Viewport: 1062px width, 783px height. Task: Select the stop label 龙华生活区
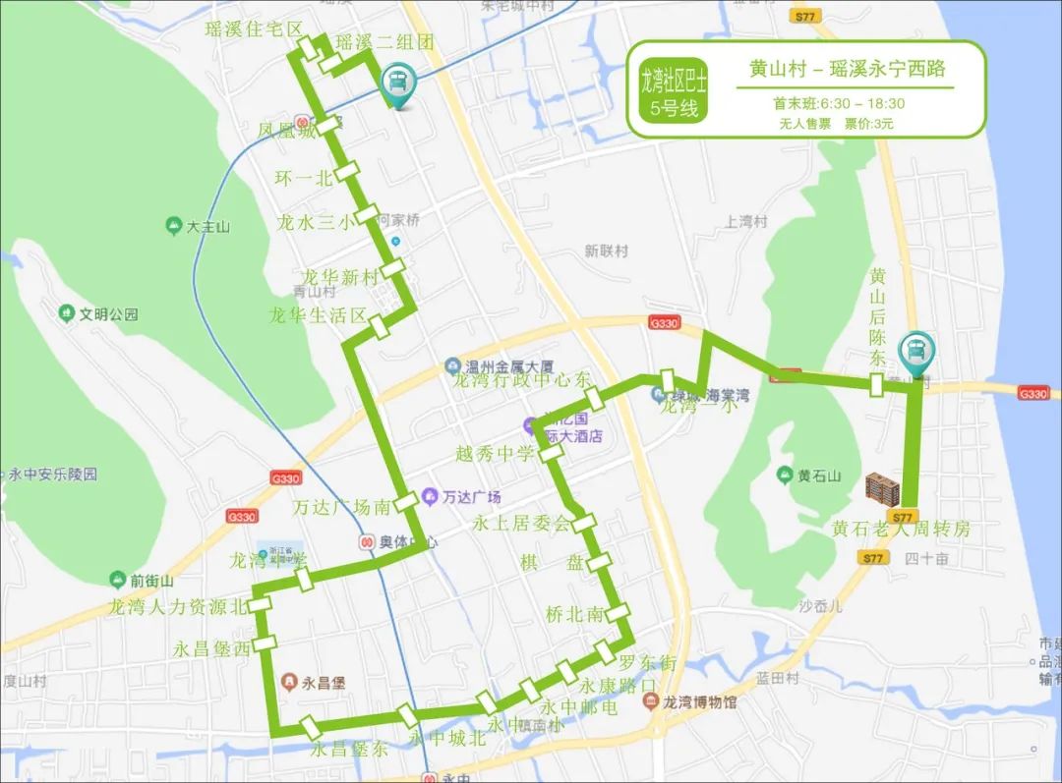(x=318, y=316)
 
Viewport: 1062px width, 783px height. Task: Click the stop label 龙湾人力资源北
(x=179, y=607)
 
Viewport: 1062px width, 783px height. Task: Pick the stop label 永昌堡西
(x=212, y=648)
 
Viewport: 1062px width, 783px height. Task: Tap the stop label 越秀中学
(x=495, y=454)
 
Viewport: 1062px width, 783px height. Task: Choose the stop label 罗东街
(x=647, y=664)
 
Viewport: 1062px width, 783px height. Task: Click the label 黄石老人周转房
(x=901, y=530)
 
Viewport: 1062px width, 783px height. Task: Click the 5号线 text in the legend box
(x=674, y=108)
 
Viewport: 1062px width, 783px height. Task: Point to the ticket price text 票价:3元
(x=869, y=124)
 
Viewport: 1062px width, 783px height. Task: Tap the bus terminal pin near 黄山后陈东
(x=919, y=350)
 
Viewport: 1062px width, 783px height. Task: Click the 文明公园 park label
(x=108, y=315)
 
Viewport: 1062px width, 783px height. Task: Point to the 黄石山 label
(x=819, y=476)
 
